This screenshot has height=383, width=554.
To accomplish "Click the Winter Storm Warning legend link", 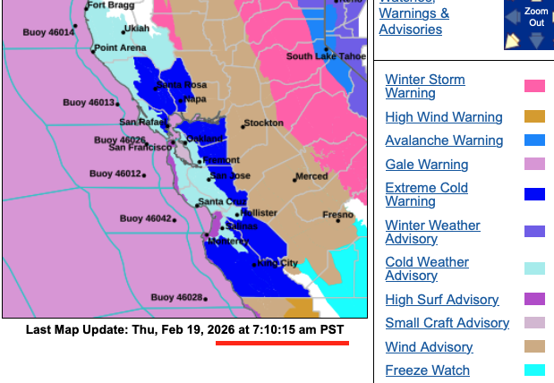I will [x=424, y=86].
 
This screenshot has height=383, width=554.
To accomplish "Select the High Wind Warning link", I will [x=444, y=117].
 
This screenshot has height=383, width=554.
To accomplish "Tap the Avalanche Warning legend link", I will [x=444, y=140].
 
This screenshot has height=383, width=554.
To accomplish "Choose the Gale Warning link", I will [x=426, y=165].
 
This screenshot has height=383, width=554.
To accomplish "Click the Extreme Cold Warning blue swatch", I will [x=534, y=194].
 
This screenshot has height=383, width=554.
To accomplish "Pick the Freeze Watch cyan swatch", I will [x=534, y=370].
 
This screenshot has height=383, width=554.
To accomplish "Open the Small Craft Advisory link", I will [x=447, y=323].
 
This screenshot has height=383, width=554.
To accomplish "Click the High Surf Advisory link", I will [x=441, y=300].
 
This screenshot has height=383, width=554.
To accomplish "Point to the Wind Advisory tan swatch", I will [x=534, y=347].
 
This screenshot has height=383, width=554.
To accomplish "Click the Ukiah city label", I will [x=111, y=29].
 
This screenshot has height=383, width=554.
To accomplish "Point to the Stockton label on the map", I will [x=263, y=123].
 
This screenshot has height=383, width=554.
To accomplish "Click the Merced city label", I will [x=311, y=176].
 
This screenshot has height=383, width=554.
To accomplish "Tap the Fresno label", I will [x=338, y=215].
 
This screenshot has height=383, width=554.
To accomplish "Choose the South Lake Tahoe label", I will [x=327, y=56].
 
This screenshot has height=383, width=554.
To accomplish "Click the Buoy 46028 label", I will [x=175, y=297].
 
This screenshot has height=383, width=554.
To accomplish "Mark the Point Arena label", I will [x=118, y=47].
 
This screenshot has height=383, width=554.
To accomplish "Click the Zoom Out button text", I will [x=537, y=15].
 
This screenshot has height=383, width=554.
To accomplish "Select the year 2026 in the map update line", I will [x=221, y=329].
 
